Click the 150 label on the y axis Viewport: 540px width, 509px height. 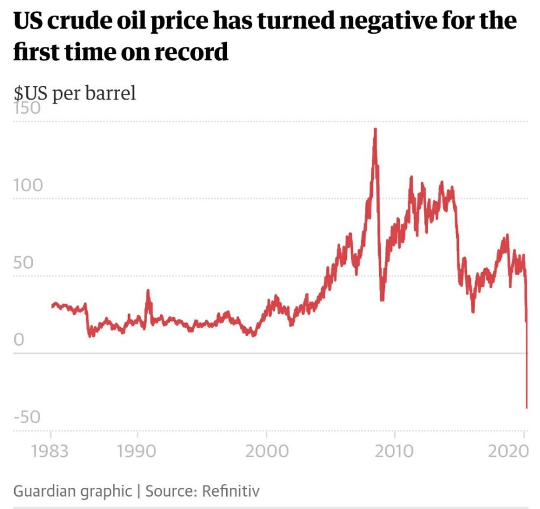27,109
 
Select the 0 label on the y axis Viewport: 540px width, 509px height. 19,340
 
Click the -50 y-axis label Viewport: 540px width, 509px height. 27,417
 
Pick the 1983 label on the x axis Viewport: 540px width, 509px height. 51,452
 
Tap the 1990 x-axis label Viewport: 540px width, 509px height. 137,452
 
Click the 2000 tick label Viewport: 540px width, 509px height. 266,452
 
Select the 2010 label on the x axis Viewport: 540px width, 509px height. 395,452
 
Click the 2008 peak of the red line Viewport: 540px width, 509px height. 375,129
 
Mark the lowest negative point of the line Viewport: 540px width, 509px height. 526,407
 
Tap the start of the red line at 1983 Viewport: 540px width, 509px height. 52,306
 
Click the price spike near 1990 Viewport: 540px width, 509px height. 148,290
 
